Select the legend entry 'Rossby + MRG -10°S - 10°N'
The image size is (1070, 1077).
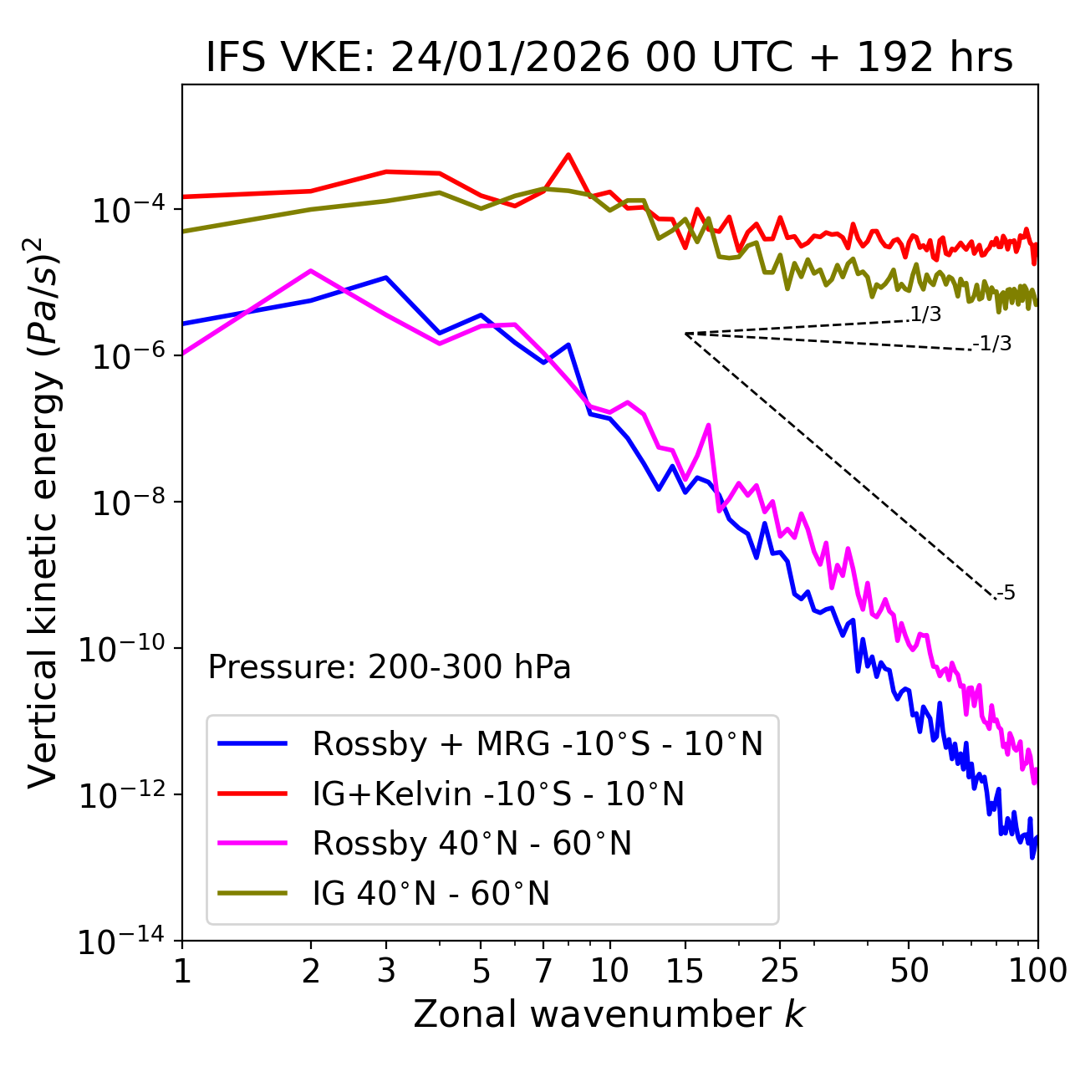538,743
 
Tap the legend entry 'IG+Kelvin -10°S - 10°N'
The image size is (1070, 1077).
498,794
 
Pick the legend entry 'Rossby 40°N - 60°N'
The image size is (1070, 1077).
471,844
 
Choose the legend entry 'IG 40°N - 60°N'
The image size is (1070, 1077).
431,894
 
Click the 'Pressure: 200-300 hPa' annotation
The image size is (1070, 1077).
390,667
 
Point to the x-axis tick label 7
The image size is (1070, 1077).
543,971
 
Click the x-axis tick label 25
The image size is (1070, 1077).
779,971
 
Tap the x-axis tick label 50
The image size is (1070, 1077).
909,971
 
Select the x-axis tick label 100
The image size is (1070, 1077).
1037,971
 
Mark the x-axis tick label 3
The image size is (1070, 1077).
386,971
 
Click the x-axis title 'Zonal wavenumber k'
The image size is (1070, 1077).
609,1014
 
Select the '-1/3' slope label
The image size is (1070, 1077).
992,344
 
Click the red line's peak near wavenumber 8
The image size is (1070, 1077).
568,155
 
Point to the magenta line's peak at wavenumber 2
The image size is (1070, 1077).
311,270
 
